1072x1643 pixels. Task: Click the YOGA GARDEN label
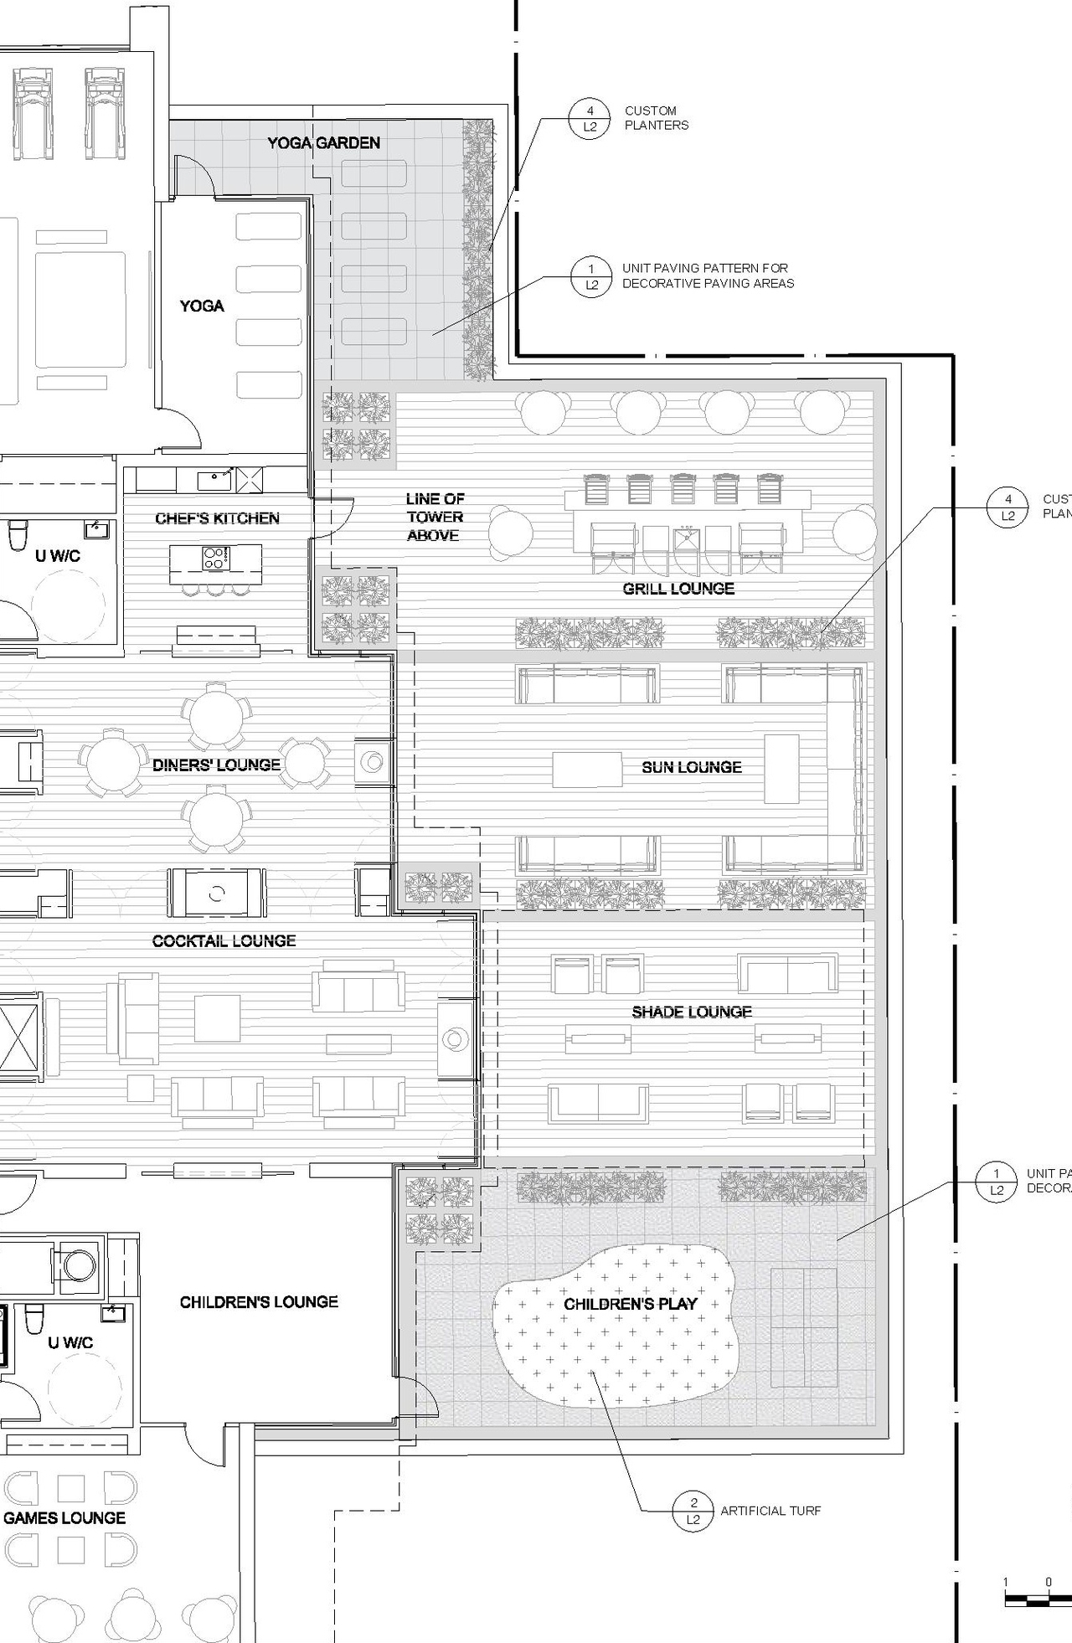pyautogui.click(x=323, y=143)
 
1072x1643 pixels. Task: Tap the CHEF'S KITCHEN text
pyautogui.click(x=217, y=518)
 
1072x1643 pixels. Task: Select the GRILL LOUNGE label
pyautogui.click(x=678, y=589)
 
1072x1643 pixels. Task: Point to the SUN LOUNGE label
pyautogui.click(x=692, y=767)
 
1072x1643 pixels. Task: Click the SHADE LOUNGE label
pyautogui.click(x=692, y=1012)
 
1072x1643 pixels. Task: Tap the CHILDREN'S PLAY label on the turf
pyautogui.click(x=630, y=1304)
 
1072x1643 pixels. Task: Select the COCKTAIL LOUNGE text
pyautogui.click(x=224, y=940)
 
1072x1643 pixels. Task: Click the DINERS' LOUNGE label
pyautogui.click(x=216, y=765)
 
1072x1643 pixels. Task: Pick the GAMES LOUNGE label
pyautogui.click(x=64, y=1517)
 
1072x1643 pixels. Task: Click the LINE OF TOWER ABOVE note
pyautogui.click(x=435, y=517)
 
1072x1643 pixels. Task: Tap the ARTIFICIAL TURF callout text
pyautogui.click(x=770, y=1511)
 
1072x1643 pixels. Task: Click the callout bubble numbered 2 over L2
pyautogui.click(x=693, y=1511)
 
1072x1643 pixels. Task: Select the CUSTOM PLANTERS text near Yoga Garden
pyautogui.click(x=656, y=118)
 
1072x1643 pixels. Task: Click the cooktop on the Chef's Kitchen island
pyautogui.click(x=215, y=558)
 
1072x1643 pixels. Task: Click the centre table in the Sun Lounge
pyautogui.click(x=587, y=770)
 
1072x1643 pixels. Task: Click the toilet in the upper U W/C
pyautogui.click(x=18, y=535)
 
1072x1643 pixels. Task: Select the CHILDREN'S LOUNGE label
pyautogui.click(x=259, y=1301)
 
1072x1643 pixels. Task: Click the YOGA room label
pyautogui.click(x=202, y=306)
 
